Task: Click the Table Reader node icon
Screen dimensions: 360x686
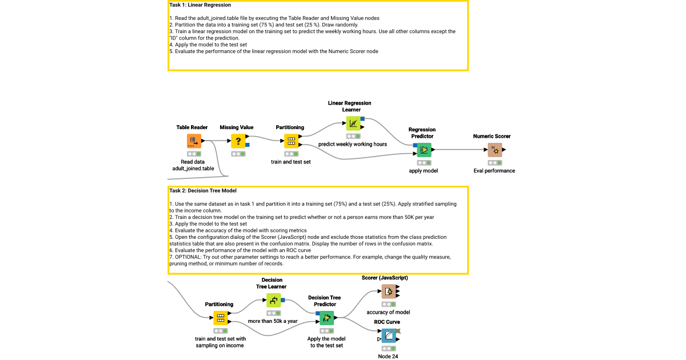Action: tap(194, 141)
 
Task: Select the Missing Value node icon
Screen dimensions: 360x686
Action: tap(238, 141)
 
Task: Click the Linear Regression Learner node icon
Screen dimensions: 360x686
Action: tap(353, 123)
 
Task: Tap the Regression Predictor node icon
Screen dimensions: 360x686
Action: tap(424, 150)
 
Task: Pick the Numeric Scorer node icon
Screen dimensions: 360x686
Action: tap(494, 150)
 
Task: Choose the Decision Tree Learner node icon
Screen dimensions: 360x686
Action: tap(274, 300)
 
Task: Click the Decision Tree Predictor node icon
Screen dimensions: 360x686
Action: tap(326, 318)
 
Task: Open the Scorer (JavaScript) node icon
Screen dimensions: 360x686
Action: tap(389, 291)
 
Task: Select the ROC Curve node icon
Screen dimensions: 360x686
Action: tap(389, 336)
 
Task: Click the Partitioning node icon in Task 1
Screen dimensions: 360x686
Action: tap(291, 141)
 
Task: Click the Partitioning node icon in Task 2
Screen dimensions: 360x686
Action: tap(221, 318)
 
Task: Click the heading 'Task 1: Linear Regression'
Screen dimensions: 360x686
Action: tap(200, 5)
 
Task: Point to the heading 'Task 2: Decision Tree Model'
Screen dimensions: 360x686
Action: tap(203, 191)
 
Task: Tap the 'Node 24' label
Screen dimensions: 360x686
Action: tap(388, 357)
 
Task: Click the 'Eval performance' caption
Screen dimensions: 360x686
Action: tap(494, 171)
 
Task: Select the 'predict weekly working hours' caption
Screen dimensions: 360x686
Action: tap(353, 145)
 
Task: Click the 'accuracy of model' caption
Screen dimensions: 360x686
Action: tap(388, 313)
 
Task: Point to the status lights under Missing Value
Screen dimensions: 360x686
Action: tap(238, 154)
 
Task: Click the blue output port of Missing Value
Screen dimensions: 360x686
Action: tap(248, 145)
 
